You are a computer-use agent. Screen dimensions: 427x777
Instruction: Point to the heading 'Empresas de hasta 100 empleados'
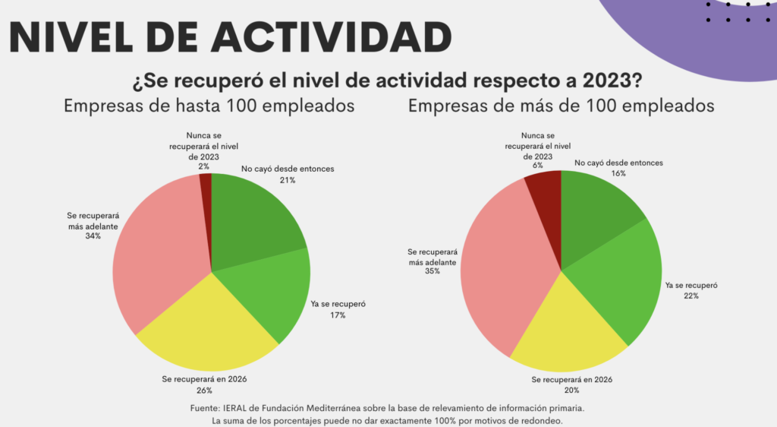(x=209, y=106)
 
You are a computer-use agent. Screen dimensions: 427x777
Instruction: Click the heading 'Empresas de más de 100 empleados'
(x=561, y=106)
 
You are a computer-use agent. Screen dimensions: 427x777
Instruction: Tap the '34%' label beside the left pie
(x=93, y=236)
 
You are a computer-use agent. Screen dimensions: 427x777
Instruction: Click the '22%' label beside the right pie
(x=690, y=296)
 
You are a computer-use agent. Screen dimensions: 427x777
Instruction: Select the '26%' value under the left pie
(x=205, y=390)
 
